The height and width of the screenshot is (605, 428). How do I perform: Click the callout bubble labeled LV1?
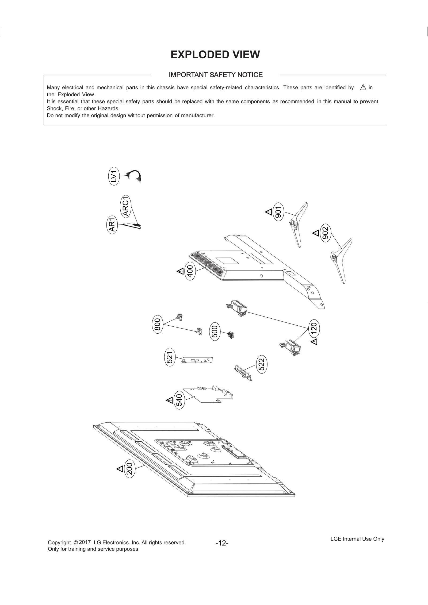[x=114, y=176]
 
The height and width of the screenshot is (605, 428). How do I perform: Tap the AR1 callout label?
[x=112, y=225]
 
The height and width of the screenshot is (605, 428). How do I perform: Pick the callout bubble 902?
[x=325, y=233]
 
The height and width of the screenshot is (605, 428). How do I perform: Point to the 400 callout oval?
[x=190, y=271]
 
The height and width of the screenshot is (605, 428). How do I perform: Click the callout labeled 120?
[x=314, y=328]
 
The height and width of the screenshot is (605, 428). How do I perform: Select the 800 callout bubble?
[x=157, y=324]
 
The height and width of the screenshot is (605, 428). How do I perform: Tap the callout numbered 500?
[x=215, y=331]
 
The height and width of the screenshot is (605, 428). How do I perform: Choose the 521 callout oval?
[x=170, y=357]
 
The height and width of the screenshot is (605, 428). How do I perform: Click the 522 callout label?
[x=262, y=364]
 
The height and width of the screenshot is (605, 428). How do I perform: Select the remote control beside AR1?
[x=132, y=225]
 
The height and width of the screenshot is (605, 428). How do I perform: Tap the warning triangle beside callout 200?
[x=120, y=469]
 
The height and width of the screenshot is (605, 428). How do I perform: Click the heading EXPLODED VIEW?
[x=215, y=55]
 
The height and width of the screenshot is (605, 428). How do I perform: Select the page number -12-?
[x=222, y=543]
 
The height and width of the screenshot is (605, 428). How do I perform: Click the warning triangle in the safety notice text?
[x=363, y=87]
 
